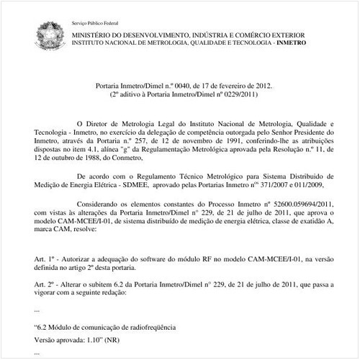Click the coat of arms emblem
[x=58, y=31]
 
